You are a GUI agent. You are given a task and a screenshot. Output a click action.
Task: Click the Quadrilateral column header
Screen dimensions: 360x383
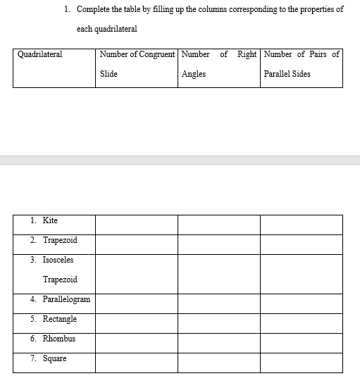pyautogui.click(x=39, y=54)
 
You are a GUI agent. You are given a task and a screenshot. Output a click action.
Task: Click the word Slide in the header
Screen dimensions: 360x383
pyautogui.click(x=108, y=74)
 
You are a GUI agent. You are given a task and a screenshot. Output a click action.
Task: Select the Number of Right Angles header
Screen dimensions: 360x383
pyautogui.click(x=218, y=64)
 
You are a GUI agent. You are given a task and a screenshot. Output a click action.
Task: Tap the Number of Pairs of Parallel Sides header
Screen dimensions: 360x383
pyautogui.click(x=301, y=64)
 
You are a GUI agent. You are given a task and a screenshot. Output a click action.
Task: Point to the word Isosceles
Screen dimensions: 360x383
pyautogui.click(x=58, y=260)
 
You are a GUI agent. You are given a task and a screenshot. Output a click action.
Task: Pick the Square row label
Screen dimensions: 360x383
pyautogui.click(x=54, y=358)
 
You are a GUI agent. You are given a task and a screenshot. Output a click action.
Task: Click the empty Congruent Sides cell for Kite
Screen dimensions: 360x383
pyautogui.click(x=137, y=225)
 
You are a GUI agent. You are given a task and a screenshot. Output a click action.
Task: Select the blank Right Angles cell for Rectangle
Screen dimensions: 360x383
pyautogui.click(x=218, y=323)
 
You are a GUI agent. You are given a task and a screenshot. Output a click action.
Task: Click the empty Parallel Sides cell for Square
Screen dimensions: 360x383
pyautogui.click(x=301, y=363)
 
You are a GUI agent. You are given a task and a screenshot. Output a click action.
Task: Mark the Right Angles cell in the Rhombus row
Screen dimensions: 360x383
pyautogui.click(x=218, y=343)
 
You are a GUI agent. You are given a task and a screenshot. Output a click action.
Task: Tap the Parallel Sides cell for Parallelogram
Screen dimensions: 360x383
pyautogui.click(x=301, y=303)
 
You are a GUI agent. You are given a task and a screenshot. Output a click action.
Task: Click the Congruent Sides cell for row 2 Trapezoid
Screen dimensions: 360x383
pyautogui.click(x=137, y=244)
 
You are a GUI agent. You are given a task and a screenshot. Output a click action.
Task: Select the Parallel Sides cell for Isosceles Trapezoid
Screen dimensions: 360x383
pyautogui.click(x=301, y=274)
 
